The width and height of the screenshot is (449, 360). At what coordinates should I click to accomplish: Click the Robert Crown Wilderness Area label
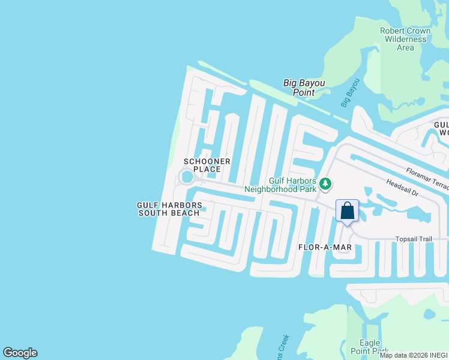click(x=405, y=39)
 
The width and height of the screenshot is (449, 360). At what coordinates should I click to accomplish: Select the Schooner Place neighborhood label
click(x=202, y=166)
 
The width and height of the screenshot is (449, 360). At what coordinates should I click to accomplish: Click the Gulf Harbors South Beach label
click(x=169, y=209)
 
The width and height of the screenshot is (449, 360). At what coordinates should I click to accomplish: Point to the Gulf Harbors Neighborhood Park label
click(x=292, y=184)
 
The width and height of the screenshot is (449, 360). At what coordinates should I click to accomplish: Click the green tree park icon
click(x=325, y=184)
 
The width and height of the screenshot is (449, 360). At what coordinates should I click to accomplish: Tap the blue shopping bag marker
click(x=347, y=211)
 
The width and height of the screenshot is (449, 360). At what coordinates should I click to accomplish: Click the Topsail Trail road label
click(x=414, y=239)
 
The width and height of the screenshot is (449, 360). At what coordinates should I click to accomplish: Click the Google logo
click(x=20, y=353)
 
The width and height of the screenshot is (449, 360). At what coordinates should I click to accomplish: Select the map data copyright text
click(x=414, y=355)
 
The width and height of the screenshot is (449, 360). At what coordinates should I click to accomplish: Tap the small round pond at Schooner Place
click(x=187, y=177)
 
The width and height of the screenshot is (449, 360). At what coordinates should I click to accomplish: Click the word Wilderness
click(x=406, y=40)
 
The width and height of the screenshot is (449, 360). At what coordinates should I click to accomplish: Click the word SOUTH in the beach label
click(x=152, y=213)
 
